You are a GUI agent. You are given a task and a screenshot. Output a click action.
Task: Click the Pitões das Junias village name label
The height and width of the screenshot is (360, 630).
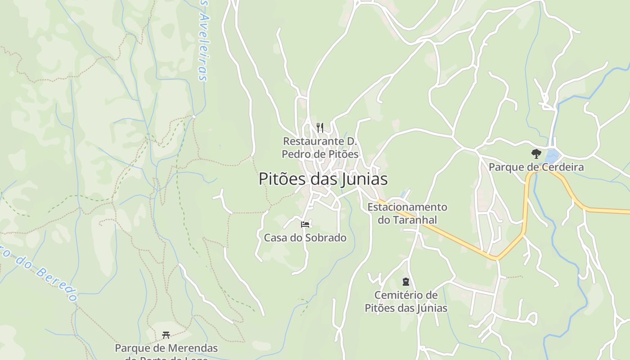(323, 179)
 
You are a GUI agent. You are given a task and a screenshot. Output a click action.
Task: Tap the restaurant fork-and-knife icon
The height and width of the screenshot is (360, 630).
(320, 127)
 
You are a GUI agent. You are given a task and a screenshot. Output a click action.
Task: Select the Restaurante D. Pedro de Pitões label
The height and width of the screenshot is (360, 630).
(320, 148)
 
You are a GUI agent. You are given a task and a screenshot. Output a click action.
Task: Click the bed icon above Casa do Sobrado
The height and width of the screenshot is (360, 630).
(305, 224)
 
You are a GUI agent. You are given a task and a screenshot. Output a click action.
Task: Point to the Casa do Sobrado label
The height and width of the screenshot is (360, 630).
(305, 238)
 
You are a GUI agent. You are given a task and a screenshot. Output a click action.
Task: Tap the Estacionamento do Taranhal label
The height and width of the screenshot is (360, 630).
(407, 213)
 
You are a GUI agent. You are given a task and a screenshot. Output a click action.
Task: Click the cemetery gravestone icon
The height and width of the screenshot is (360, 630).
(406, 282)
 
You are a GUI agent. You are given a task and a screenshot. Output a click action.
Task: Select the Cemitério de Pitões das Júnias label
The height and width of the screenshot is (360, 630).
(406, 301)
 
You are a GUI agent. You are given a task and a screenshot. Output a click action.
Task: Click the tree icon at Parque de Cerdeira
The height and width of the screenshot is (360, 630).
(535, 154)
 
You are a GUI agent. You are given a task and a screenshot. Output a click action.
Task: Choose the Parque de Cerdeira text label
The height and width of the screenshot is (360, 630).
(536, 167)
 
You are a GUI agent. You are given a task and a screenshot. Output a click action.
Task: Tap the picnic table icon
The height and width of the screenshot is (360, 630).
(166, 335)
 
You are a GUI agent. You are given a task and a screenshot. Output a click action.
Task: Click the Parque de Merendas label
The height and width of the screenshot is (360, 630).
(166, 348)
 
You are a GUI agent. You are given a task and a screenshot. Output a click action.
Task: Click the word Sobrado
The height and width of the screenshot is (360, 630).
(325, 238)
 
